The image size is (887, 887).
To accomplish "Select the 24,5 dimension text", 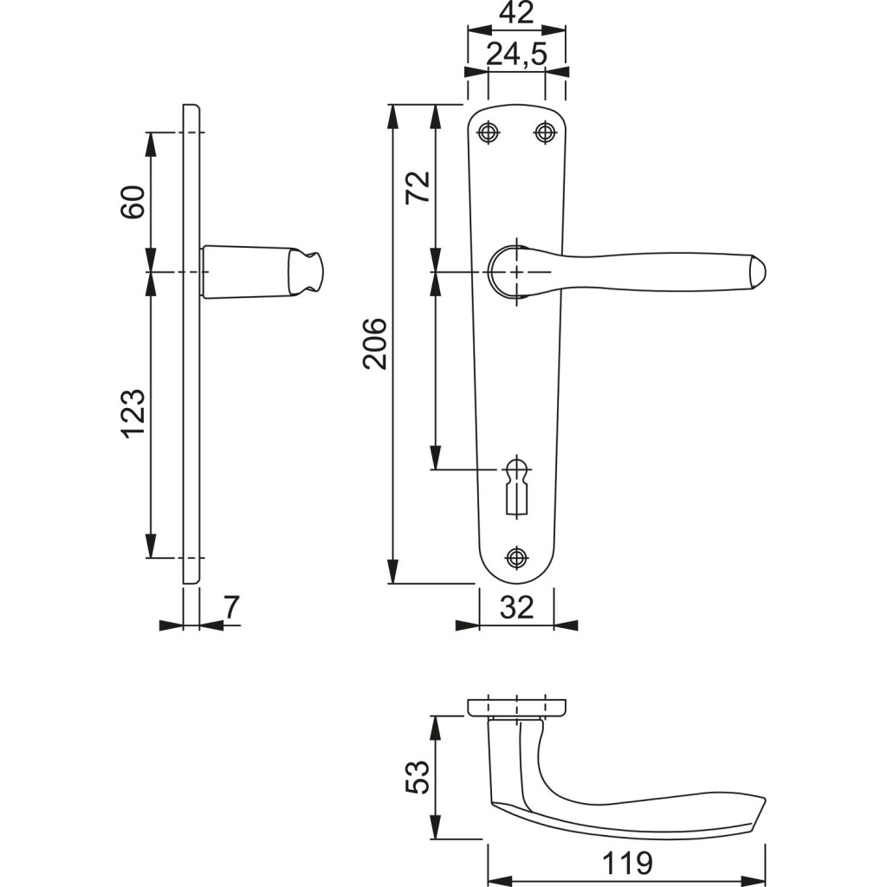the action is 517,55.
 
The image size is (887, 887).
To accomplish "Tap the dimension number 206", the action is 375,344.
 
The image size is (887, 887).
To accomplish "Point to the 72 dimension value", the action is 418,187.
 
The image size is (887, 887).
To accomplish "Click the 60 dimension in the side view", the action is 133,201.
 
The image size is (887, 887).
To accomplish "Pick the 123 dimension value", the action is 133,414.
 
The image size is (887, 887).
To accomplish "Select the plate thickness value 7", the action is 233,607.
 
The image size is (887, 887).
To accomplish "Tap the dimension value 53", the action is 418,778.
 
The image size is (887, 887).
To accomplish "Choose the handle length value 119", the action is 627,864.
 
